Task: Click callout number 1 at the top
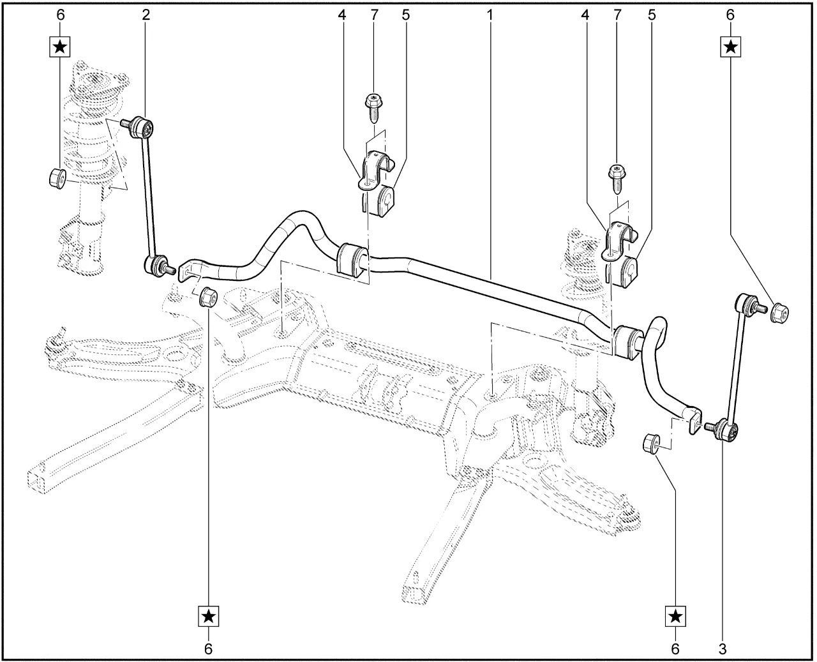(x=490, y=14)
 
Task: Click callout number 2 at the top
(x=146, y=14)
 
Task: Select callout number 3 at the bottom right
(x=722, y=649)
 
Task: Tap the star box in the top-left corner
(x=61, y=46)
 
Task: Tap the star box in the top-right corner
(x=731, y=46)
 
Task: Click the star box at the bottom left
(x=208, y=616)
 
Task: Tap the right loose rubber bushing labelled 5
(x=629, y=271)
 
